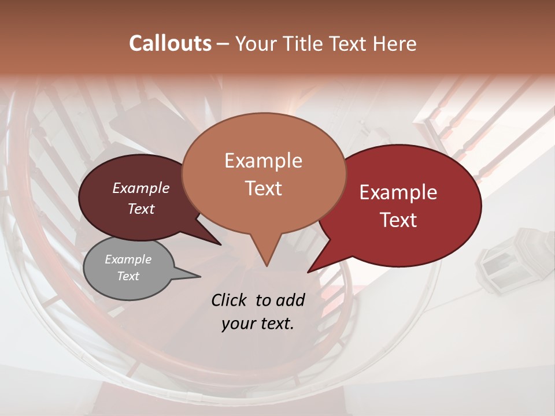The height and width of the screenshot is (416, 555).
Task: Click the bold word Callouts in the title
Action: pos(170,43)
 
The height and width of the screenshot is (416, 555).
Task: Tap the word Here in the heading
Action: pos(395,43)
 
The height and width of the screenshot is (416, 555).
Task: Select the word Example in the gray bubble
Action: pos(128,259)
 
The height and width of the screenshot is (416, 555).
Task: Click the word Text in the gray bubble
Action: pos(128,276)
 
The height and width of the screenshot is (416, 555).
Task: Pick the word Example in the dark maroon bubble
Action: pos(140,188)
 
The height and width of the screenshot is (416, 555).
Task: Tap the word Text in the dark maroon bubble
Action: pos(140,209)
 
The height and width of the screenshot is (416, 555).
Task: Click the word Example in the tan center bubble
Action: pos(263,161)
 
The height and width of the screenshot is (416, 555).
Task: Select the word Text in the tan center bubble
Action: pos(263,188)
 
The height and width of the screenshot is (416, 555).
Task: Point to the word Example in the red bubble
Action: pos(398,192)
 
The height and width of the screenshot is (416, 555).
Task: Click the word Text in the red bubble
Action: pos(398,220)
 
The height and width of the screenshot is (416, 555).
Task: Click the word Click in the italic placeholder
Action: pos(230,300)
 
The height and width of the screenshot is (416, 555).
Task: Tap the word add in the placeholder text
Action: pos(291,300)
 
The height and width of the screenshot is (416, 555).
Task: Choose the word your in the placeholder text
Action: pos(238,324)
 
